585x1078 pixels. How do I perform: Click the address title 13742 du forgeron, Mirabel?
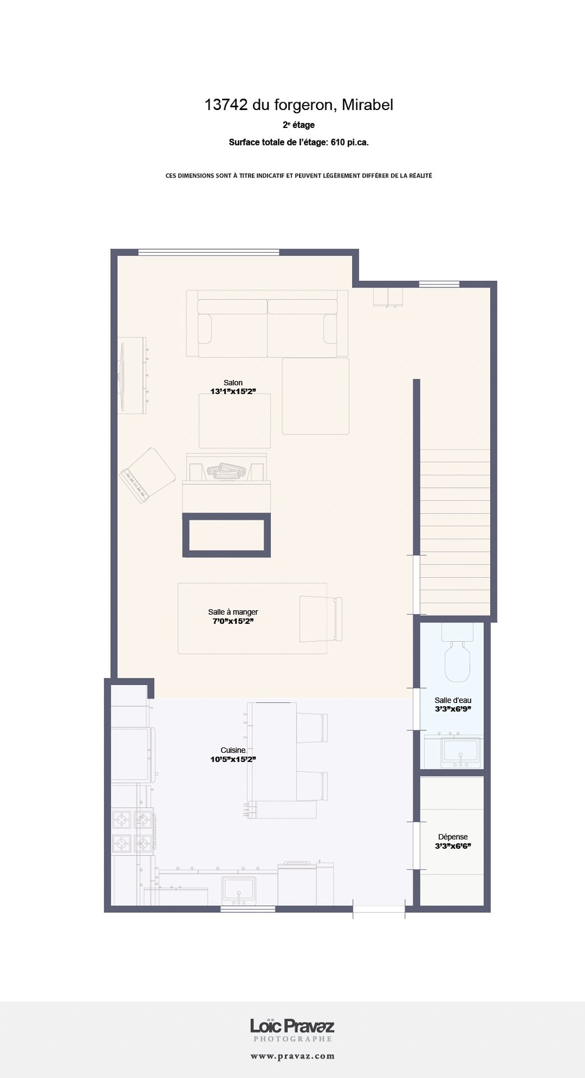click(x=298, y=105)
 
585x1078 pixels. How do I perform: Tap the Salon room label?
click(x=233, y=382)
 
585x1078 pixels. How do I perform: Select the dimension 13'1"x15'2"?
click(x=233, y=391)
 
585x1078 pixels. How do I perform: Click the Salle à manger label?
click(x=233, y=612)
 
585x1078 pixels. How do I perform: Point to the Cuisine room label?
click(x=233, y=750)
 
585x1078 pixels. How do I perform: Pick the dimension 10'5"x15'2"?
click(x=233, y=759)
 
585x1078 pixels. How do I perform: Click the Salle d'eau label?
click(x=453, y=700)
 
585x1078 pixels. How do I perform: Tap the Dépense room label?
click(x=453, y=837)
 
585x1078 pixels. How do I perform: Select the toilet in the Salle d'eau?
click(x=462, y=654)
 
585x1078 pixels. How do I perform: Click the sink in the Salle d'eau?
click(x=460, y=752)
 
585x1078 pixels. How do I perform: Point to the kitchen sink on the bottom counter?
click(x=239, y=890)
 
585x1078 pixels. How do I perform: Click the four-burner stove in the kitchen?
click(x=133, y=832)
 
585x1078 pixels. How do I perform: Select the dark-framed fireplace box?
click(x=227, y=535)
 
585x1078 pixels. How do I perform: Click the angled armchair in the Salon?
click(x=147, y=474)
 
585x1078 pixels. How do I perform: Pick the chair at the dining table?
click(x=320, y=618)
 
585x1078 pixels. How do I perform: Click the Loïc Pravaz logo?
click(x=292, y=1027)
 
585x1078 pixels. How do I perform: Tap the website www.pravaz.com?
click(x=292, y=1056)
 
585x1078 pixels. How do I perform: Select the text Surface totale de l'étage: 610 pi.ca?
click(x=298, y=143)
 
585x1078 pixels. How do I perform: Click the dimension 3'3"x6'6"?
click(x=453, y=846)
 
